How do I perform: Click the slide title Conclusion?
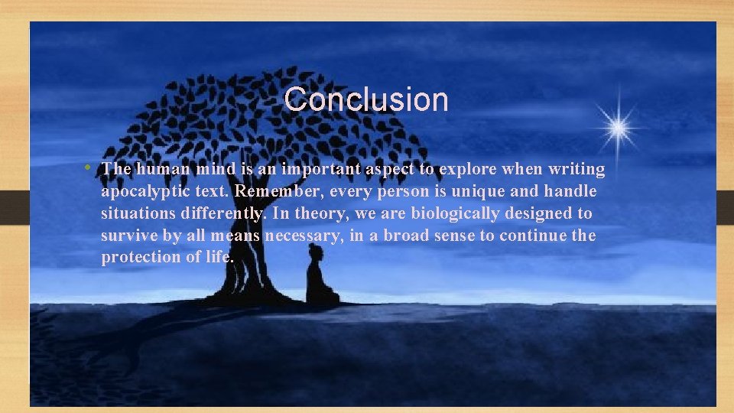click(x=365, y=99)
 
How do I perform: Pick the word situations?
click(x=138, y=213)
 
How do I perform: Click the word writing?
click(x=577, y=169)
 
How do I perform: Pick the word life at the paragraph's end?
click(x=217, y=258)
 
